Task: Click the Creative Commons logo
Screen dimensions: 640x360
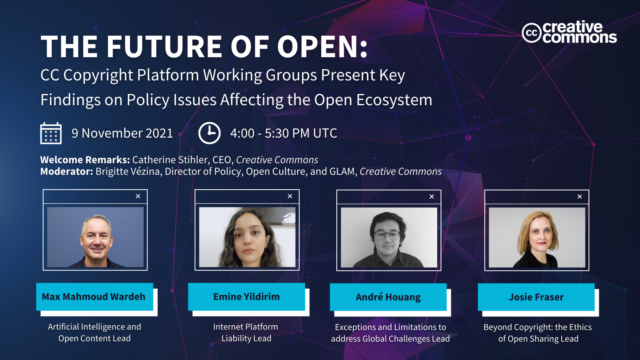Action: click(569, 32)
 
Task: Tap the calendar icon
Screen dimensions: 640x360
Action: click(51, 133)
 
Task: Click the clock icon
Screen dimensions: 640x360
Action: click(210, 133)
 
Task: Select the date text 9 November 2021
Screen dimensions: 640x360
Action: click(122, 133)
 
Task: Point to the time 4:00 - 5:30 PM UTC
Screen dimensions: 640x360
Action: click(284, 133)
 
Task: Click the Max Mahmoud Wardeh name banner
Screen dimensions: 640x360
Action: click(94, 297)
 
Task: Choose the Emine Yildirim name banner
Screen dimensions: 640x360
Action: click(246, 297)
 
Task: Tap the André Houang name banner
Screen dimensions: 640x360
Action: click(388, 297)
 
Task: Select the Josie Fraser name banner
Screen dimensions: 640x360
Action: click(536, 297)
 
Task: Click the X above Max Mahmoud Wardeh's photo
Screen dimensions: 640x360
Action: click(138, 196)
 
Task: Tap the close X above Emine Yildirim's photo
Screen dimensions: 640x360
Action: click(290, 196)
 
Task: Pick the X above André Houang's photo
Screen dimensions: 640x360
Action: click(432, 196)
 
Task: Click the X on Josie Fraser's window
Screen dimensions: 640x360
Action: click(580, 196)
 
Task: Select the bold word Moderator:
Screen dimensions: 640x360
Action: click(66, 172)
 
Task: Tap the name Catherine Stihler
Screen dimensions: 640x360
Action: click(171, 160)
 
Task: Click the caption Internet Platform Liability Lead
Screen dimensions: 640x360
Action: click(246, 332)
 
